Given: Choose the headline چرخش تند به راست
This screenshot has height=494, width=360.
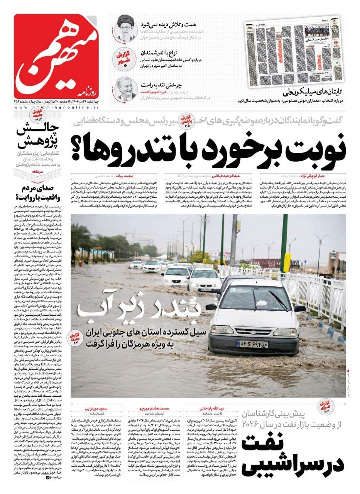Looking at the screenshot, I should (x=168, y=85).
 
